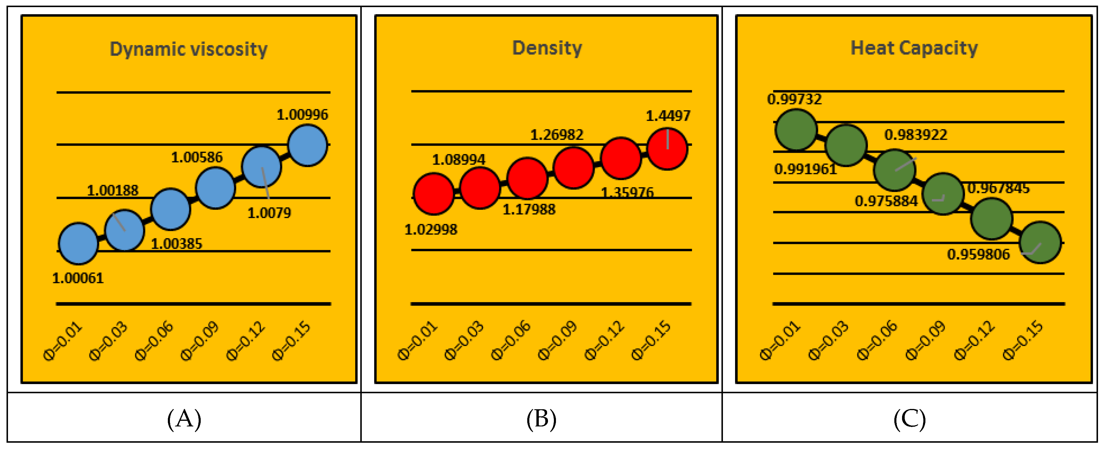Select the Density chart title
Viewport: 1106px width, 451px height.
pyautogui.click(x=547, y=48)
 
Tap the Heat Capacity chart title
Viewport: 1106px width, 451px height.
pyautogui.click(x=914, y=48)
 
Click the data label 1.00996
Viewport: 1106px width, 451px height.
pyautogui.click(x=302, y=115)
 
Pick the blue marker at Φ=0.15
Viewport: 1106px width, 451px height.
pyautogui.click(x=307, y=145)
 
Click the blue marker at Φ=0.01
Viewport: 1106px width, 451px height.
pyautogui.click(x=78, y=243)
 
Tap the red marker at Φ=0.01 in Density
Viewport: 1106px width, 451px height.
pyautogui.click(x=434, y=194)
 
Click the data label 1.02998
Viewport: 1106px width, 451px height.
pyautogui.click(x=431, y=229)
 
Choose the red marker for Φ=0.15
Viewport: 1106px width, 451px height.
pyautogui.click(x=667, y=149)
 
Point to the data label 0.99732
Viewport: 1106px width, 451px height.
pyautogui.click(x=794, y=99)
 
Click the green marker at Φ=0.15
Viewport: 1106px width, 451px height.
pyautogui.click(x=1040, y=242)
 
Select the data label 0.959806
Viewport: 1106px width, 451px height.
pyautogui.click(x=978, y=254)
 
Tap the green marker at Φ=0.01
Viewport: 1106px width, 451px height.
pyautogui.click(x=795, y=130)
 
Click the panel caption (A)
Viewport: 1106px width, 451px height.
pyautogui.click(x=184, y=419)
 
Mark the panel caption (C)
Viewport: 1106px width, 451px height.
pyautogui.click(x=909, y=419)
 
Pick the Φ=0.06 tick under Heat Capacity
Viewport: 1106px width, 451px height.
pyautogui.click(x=877, y=340)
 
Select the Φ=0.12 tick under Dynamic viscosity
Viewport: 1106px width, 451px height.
pyautogui.click(x=246, y=341)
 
